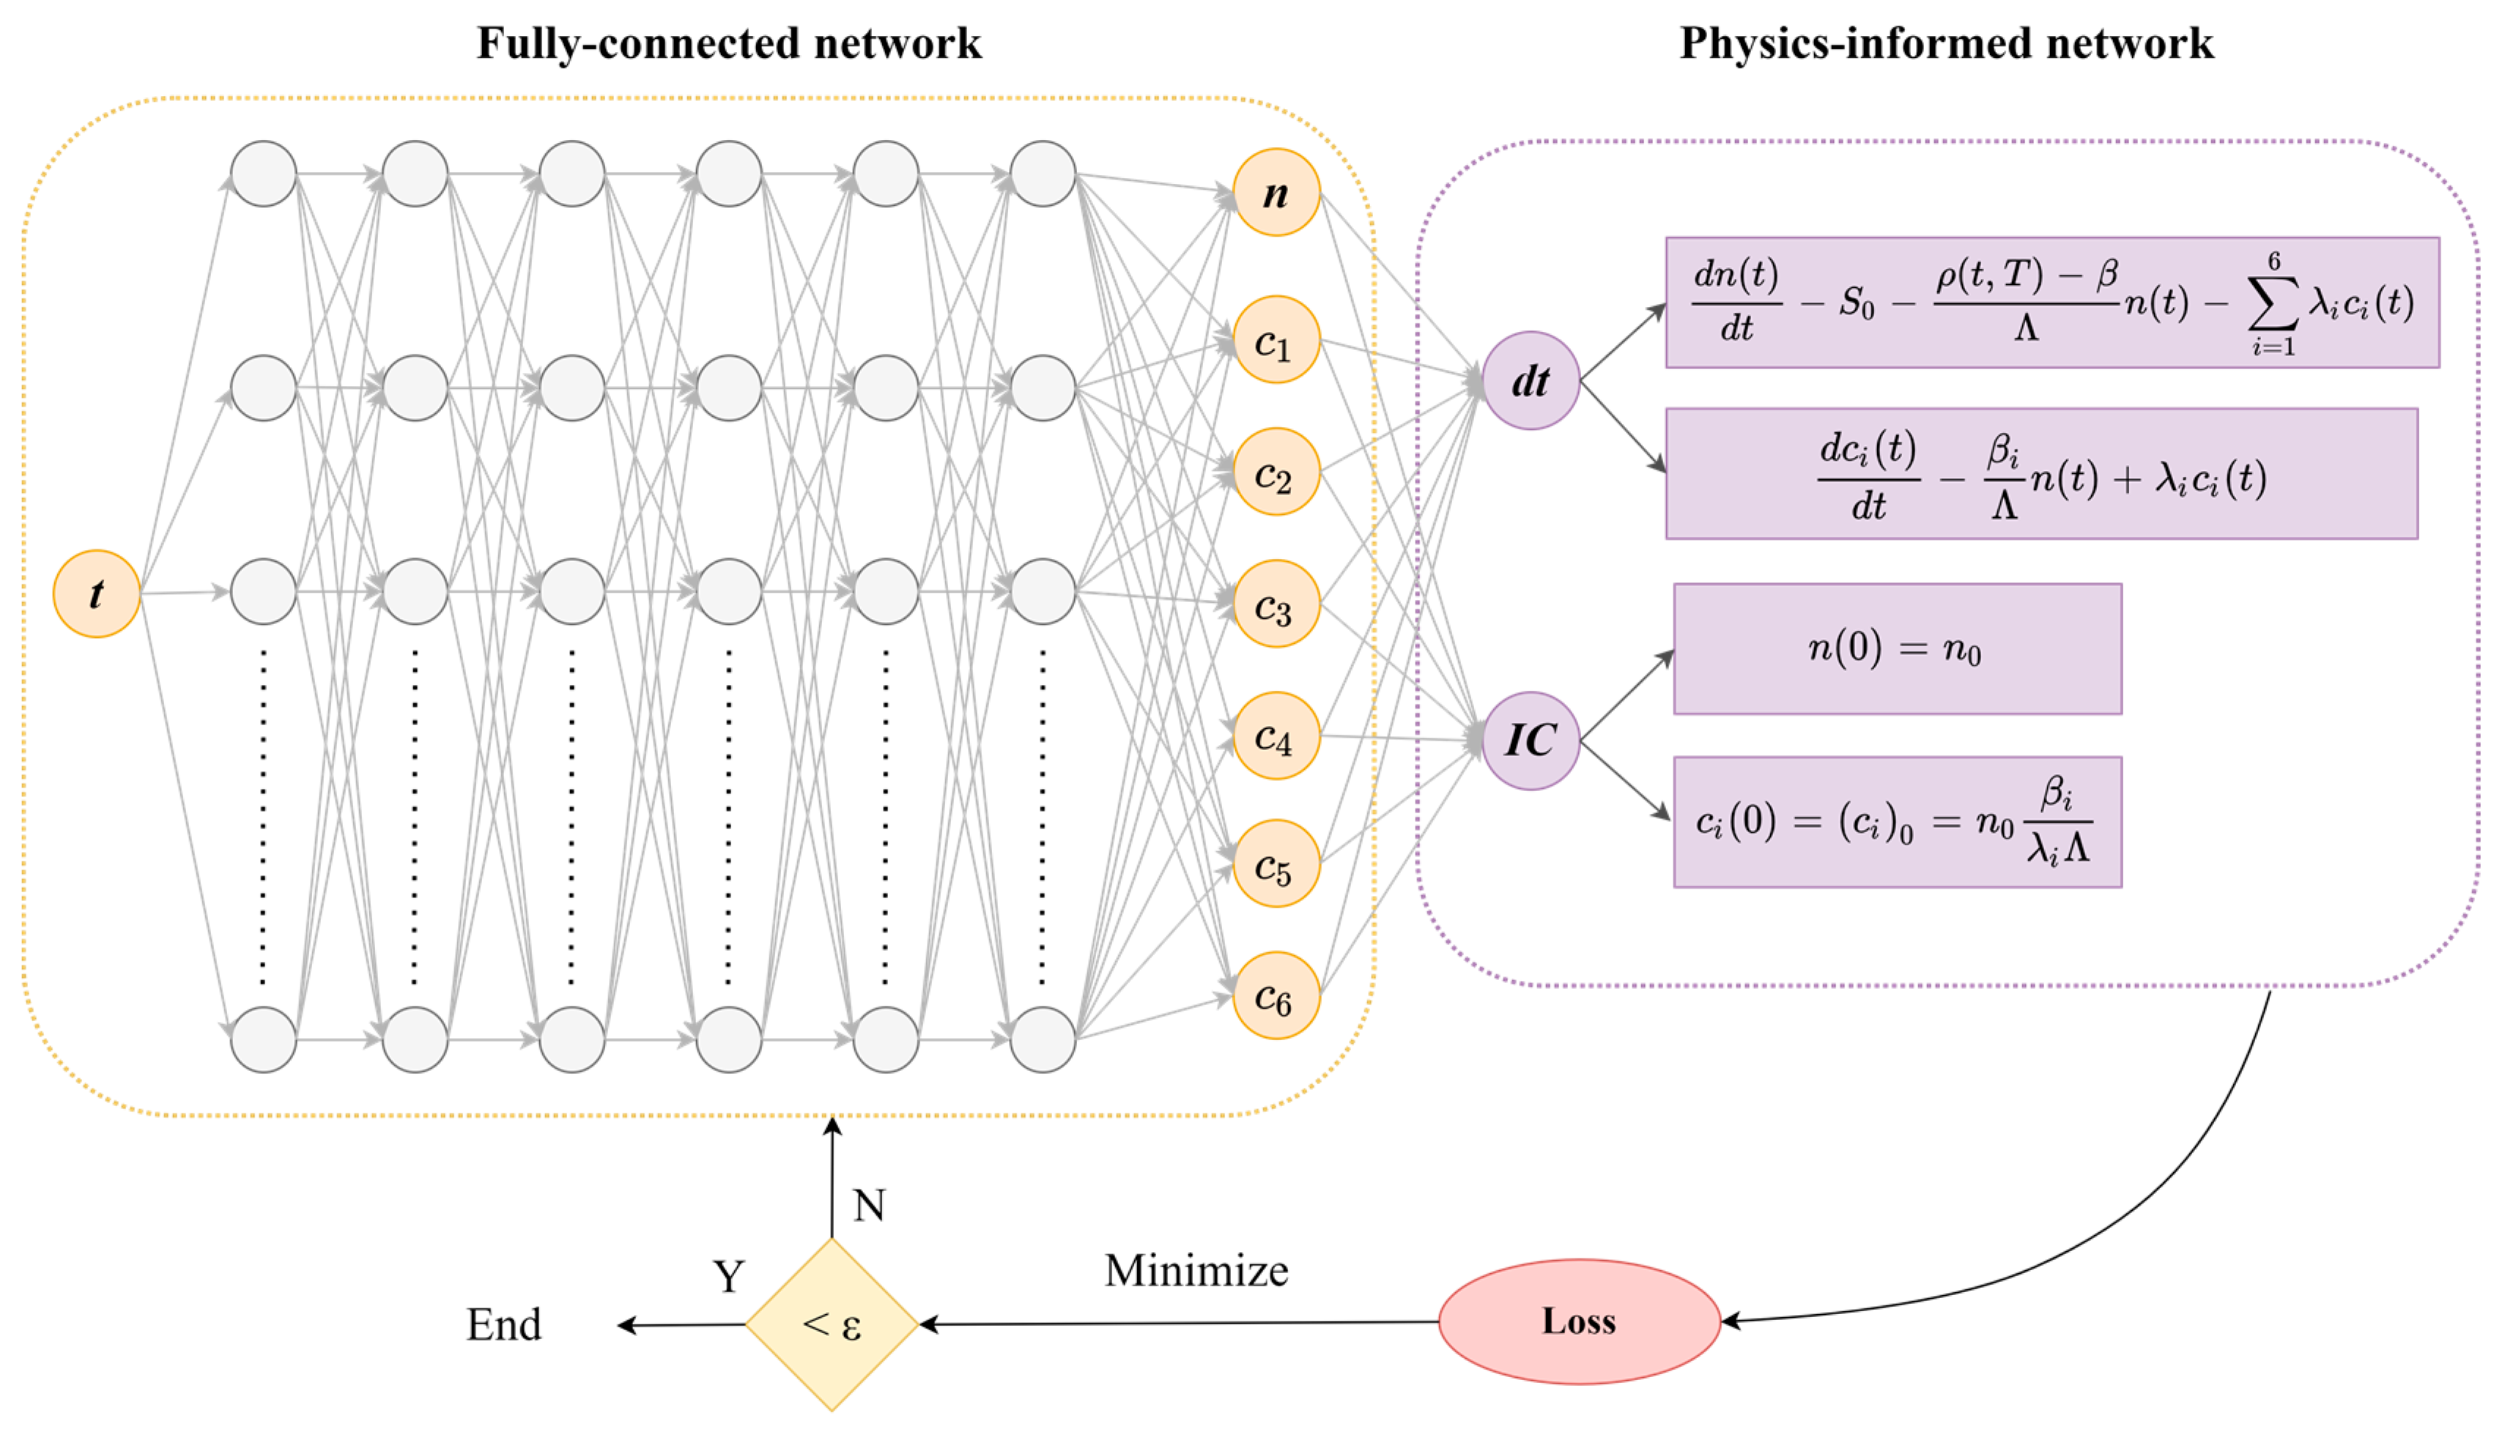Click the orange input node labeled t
tap(97, 593)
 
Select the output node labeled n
tap(1276, 193)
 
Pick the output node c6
tap(1276, 995)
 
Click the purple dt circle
tap(1531, 380)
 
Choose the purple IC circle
tap(1531, 740)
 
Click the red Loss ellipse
tap(1579, 1321)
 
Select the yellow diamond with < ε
tap(832, 1324)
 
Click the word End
tap(503, 1324)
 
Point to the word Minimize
tap(1196, 1270)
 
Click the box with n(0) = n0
tap(1897, 648)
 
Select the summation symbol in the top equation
tap(2273, 305)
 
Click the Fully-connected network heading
tap(728, 43)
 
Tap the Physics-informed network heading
tap(1947, 43)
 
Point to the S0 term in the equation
tap(1856, 303)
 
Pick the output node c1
tap(1276, 340)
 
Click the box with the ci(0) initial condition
tap(1897, 822)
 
